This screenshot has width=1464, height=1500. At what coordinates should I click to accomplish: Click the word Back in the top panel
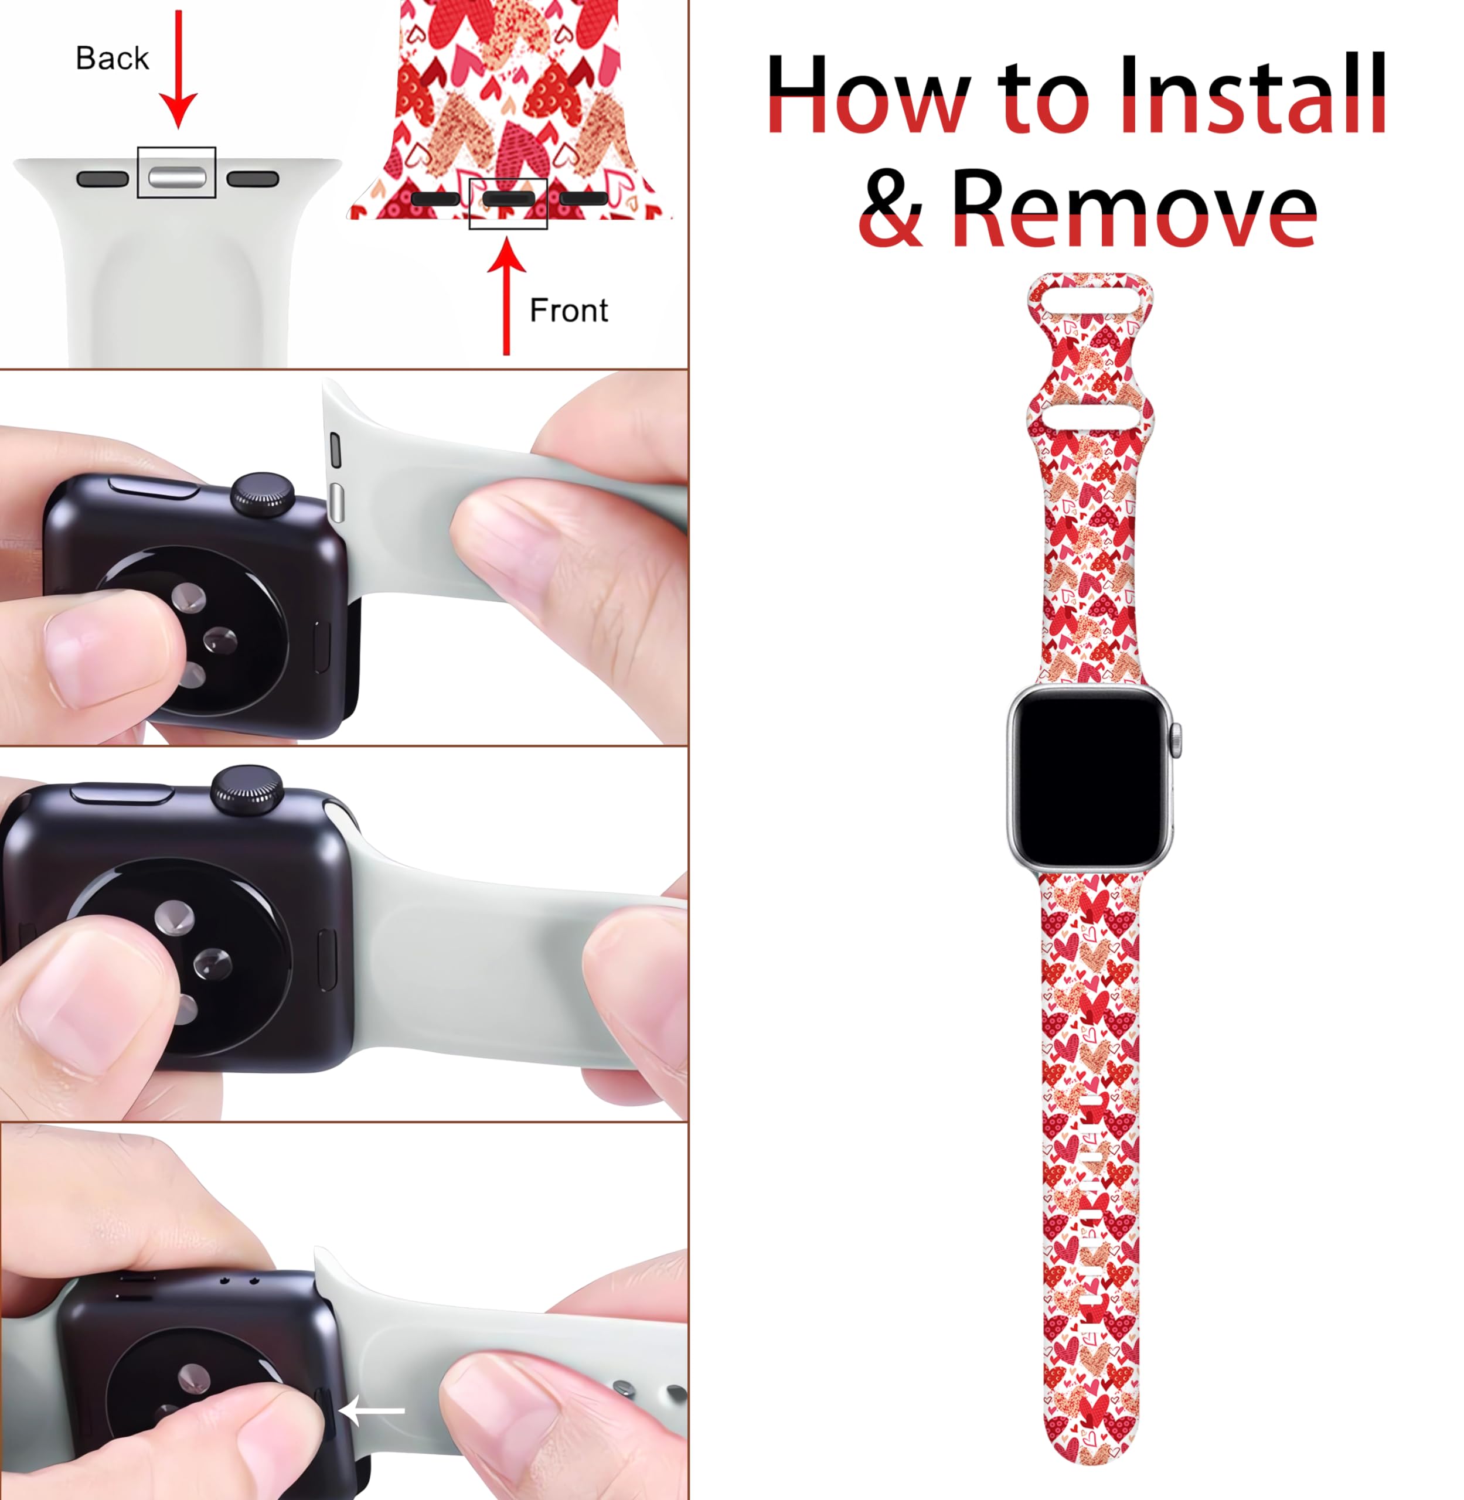click(113, 59)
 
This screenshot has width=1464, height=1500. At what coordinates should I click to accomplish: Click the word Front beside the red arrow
click(569, 311)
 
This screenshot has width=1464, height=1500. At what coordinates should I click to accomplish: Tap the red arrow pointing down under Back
click(178, 70)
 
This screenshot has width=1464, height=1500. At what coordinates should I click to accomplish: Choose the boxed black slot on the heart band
click(508, 199)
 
